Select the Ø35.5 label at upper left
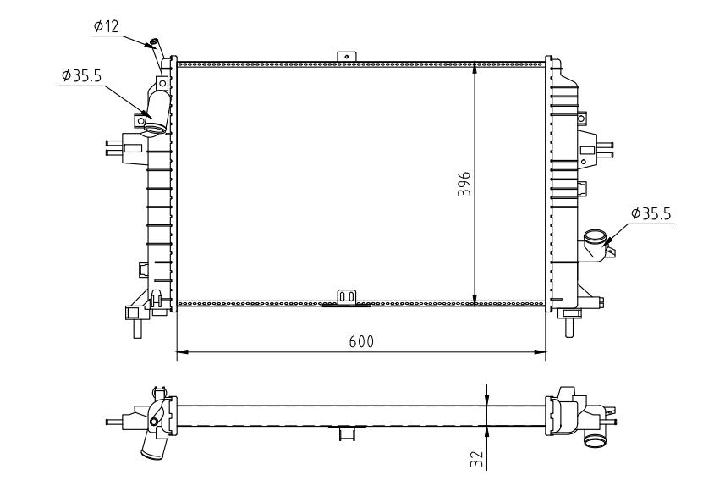click(x=81, y=75)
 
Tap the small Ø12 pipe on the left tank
click(x=157, y=45)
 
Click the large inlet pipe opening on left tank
click(x=153, y=128)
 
